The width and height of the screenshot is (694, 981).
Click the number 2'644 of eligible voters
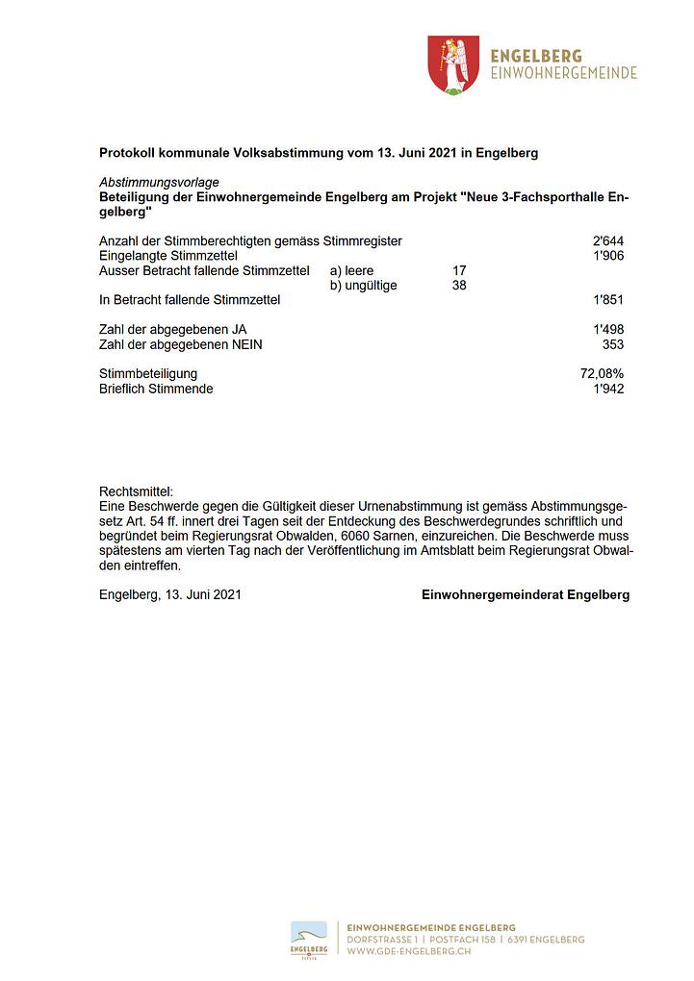pyautogui.click(x=608, y=240)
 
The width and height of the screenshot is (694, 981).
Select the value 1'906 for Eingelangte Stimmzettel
pyautogui.click(x=608, y=256)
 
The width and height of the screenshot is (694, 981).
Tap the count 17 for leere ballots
pyautogui.click(x=459, y=270)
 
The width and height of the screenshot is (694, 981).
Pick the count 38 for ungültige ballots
pyautogui.click(x=459, y=286)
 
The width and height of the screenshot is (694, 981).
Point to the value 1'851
pyautogui.click(x=608, y=300)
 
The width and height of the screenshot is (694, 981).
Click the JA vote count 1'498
pyautogui.click(x=608, y=330)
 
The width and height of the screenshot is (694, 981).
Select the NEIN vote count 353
pyautogui.click(x=612, y=344)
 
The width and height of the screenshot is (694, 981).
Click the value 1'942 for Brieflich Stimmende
pyautogui.click(x=608, y=389)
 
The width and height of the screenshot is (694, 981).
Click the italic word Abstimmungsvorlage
pyautogui.click(x=159, y=183)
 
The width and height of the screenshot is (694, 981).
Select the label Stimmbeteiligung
pyautogui.click(x=148, y=373)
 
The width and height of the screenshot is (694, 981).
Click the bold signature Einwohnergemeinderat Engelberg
pyautogui.click(x=526, y=594)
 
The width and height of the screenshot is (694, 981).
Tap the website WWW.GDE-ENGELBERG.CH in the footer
pyautogui.click(x=408, y=950)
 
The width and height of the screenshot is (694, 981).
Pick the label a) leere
pyautogui.click(x=351, y=270)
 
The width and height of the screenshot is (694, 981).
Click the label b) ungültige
pyautogui.click(x=363, y=286)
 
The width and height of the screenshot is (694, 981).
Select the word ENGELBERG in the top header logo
pyautogui.click(x=536, y=57)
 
